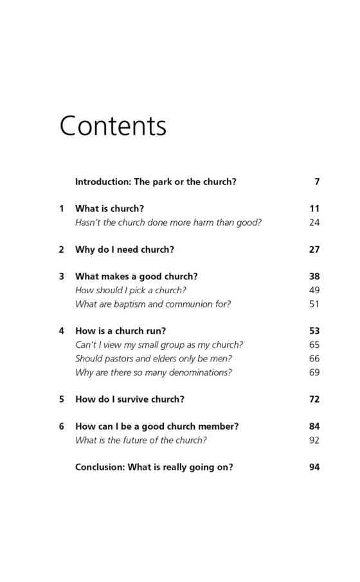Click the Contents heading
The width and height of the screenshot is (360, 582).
tap(113, 125)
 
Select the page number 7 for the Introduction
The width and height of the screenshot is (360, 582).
tap(317, 182)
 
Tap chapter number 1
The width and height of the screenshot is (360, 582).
tap(62, 208)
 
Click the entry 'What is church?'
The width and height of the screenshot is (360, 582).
tap(109, 208)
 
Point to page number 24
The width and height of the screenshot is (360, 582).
tap(314, 223)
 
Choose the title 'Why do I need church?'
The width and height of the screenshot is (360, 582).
tap(124, 250)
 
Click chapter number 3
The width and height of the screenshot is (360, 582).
tap(62, 277)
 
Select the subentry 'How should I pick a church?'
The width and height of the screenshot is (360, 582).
tap(130, 290)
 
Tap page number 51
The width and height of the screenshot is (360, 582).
tap(314, 304)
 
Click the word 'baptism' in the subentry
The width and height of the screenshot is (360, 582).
tap(132, 304)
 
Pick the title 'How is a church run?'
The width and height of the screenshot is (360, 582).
tap(120, 331)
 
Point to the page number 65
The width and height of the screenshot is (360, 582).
tap(314, 345)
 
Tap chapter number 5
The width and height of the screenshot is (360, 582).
tap(62, 399)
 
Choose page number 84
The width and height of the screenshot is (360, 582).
tap(314, 426)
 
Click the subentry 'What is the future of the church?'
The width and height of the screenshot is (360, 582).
tap(141, 441)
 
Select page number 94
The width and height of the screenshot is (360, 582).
tap(314, 468)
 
